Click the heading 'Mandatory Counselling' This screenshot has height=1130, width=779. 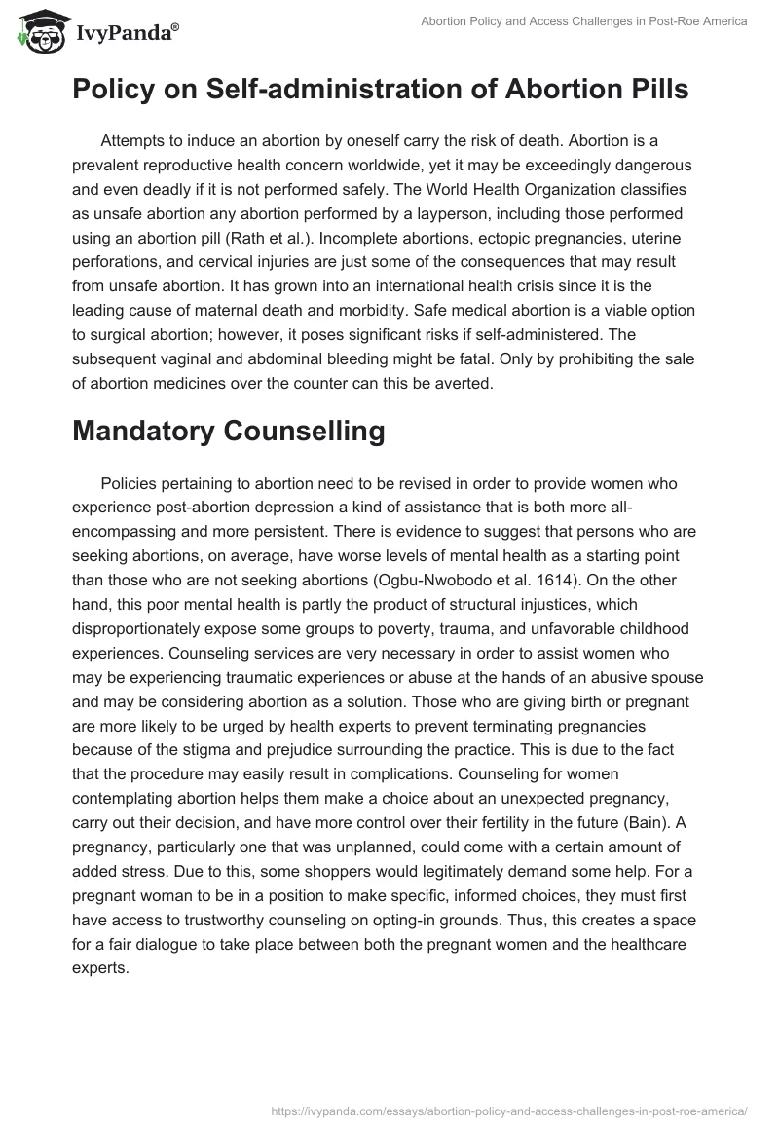[228, 433]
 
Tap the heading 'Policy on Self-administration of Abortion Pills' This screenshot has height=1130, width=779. [381, 90]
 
